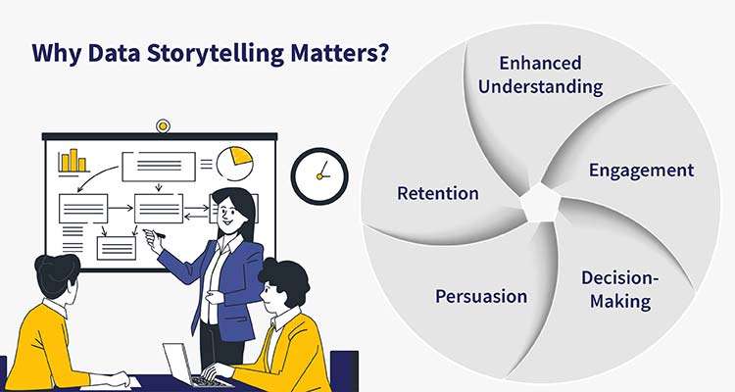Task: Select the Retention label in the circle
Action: click(x=437, y=193)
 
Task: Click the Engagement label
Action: click(x=641, y=170)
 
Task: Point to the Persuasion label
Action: click(x=481, y=296)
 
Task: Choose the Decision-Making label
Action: click(x=620, y=289)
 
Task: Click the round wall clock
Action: click(x=319, y=176)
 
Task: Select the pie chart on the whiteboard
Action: click(x=235, y=163)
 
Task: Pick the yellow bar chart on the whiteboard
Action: click(x=73, y=161)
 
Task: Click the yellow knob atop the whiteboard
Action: click(x=163, y=125)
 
